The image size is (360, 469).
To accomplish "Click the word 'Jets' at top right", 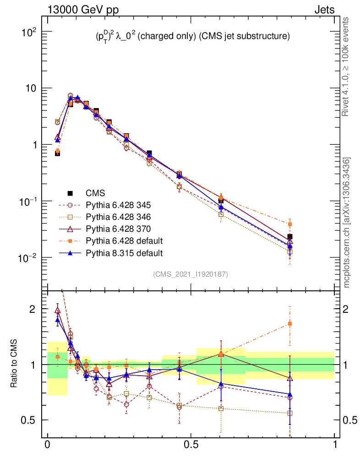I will point(324,10).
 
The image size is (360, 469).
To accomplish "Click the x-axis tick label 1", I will point(335,445).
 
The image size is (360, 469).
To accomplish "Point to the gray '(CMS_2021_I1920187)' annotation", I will point(191,274).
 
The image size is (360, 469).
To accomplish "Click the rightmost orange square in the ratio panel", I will point(290,324).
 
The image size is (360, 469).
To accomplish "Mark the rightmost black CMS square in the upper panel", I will point(290,237).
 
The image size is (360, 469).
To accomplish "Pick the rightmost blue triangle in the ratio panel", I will point(290,394).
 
